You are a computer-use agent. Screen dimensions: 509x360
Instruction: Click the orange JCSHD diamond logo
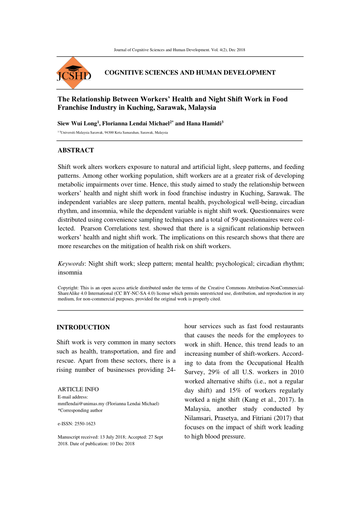tap(74, 73)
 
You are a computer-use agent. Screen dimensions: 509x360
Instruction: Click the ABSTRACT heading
tap(76, 150)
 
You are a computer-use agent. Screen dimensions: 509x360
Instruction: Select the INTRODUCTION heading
tap(83, 327)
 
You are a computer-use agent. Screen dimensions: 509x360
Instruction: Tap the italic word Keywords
tap(71, 264)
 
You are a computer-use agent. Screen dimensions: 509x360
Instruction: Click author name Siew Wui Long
tap(78, 124)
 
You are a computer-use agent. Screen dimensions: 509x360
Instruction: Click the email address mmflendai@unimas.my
tap(81, 404)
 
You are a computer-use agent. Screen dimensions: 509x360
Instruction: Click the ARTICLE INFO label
tap(78, 389)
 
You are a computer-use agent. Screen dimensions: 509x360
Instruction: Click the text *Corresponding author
tap(80, 410)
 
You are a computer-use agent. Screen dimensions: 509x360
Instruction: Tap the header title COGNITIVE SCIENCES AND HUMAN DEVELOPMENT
tap(190, 73)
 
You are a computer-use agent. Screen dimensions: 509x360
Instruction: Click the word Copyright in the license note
tap(68, 288)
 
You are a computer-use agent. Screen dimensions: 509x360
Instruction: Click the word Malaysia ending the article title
tap(202, 108)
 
